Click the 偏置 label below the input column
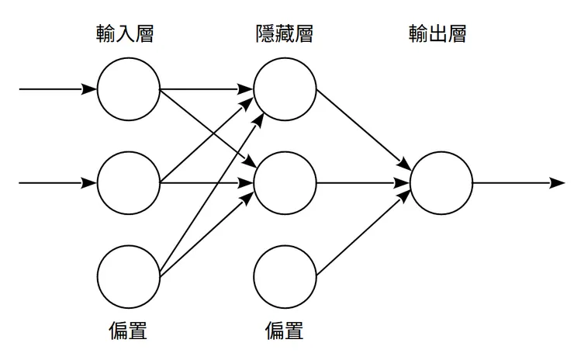(x=129, y=331)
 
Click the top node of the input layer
(x=129, y=89)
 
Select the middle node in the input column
(x=129, y=183)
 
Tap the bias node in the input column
(x=129, y=276)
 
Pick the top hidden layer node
(x=285, y=89)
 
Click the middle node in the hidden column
(x=285, y=183)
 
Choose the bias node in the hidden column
(x=285, y=276)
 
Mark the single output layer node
(x=441, y=183)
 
